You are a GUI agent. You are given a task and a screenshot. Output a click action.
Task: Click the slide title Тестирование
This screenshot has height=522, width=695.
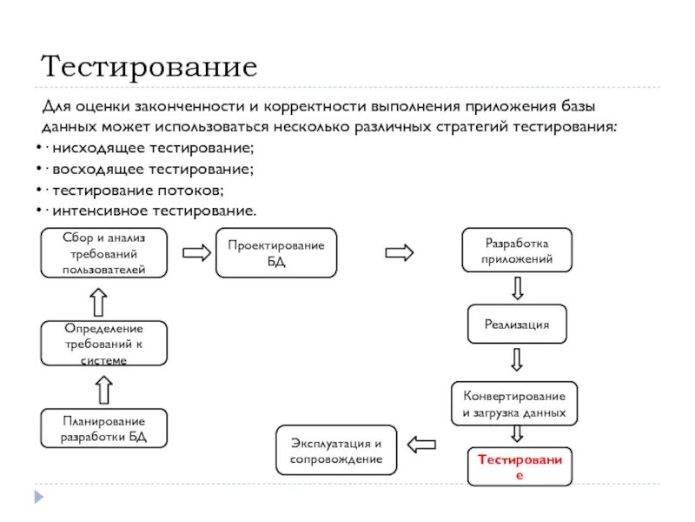[x=149, y=66]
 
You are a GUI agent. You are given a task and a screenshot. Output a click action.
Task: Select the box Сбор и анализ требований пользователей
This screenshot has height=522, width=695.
[x=103, y=252]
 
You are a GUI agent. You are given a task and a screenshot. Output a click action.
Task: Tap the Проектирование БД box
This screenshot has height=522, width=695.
[x=275, y=253]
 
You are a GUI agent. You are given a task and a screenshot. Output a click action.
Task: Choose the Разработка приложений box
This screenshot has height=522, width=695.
[x=517, y=251]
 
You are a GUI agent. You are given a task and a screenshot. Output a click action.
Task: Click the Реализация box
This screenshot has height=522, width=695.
[x=517, y=324]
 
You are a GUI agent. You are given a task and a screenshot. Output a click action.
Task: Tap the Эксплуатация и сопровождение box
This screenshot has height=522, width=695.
[x=335, y=450]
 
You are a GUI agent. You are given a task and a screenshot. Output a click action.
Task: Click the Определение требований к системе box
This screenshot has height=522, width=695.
[x=103, y=343]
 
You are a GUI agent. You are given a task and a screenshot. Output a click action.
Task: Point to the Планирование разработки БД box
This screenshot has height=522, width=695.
[x=103, y=429]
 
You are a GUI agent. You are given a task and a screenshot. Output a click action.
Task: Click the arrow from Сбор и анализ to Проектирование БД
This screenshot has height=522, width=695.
[x=196, y=252]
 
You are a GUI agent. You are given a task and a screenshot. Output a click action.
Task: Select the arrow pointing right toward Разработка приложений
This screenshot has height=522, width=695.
[x=400, y=252]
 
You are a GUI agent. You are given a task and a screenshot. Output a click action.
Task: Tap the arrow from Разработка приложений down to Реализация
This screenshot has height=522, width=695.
[x=517, y=287]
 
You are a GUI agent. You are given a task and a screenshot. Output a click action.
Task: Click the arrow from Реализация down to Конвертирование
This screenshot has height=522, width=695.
[x=517, y=360]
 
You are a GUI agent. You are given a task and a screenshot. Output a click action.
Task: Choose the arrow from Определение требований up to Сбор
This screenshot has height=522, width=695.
[x=99, y=301]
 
